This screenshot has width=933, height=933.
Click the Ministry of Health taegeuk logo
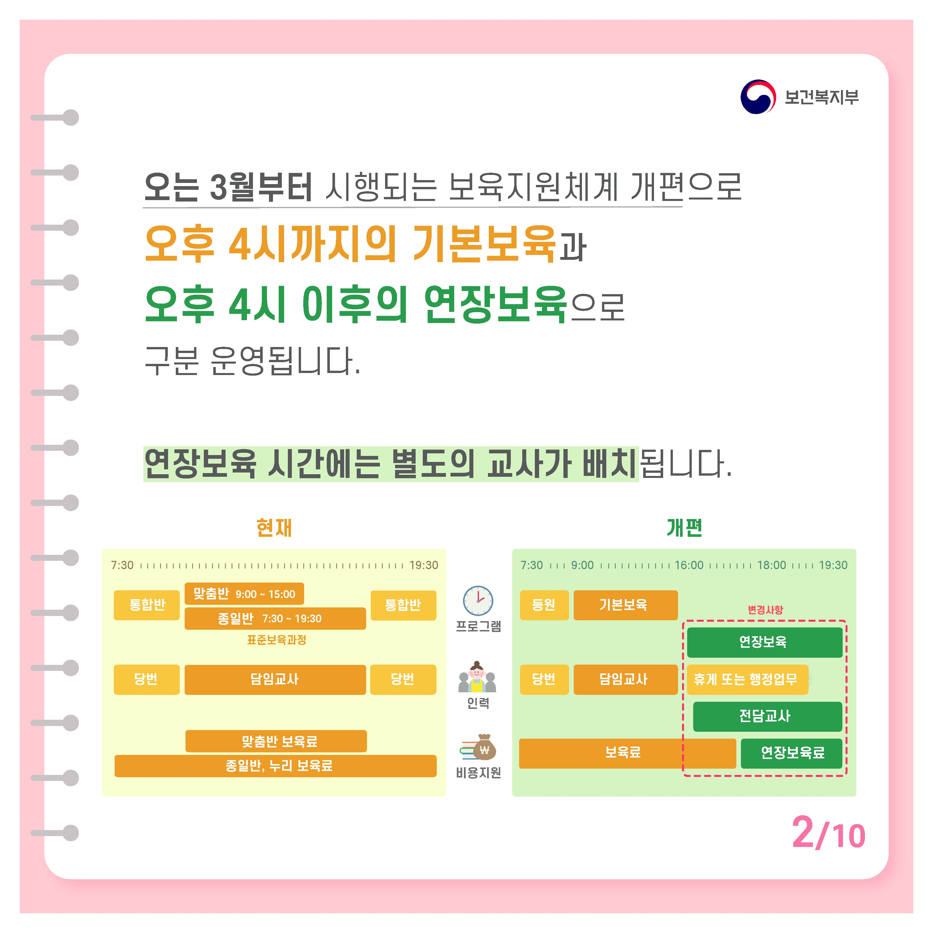point(758,97)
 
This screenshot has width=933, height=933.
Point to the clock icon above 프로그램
point(478,601)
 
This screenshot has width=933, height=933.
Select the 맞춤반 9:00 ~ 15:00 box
point(244,593)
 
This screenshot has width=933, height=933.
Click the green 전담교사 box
point(767,716)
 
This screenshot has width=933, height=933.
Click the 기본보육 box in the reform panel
point(625,605)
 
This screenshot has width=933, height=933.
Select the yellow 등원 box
point(544,605)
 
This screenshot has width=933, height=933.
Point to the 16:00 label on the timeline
point(689,565)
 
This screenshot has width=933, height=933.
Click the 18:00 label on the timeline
point(771,565)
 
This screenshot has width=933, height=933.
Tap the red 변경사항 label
point(765,610)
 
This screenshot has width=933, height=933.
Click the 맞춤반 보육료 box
point(276,741)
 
